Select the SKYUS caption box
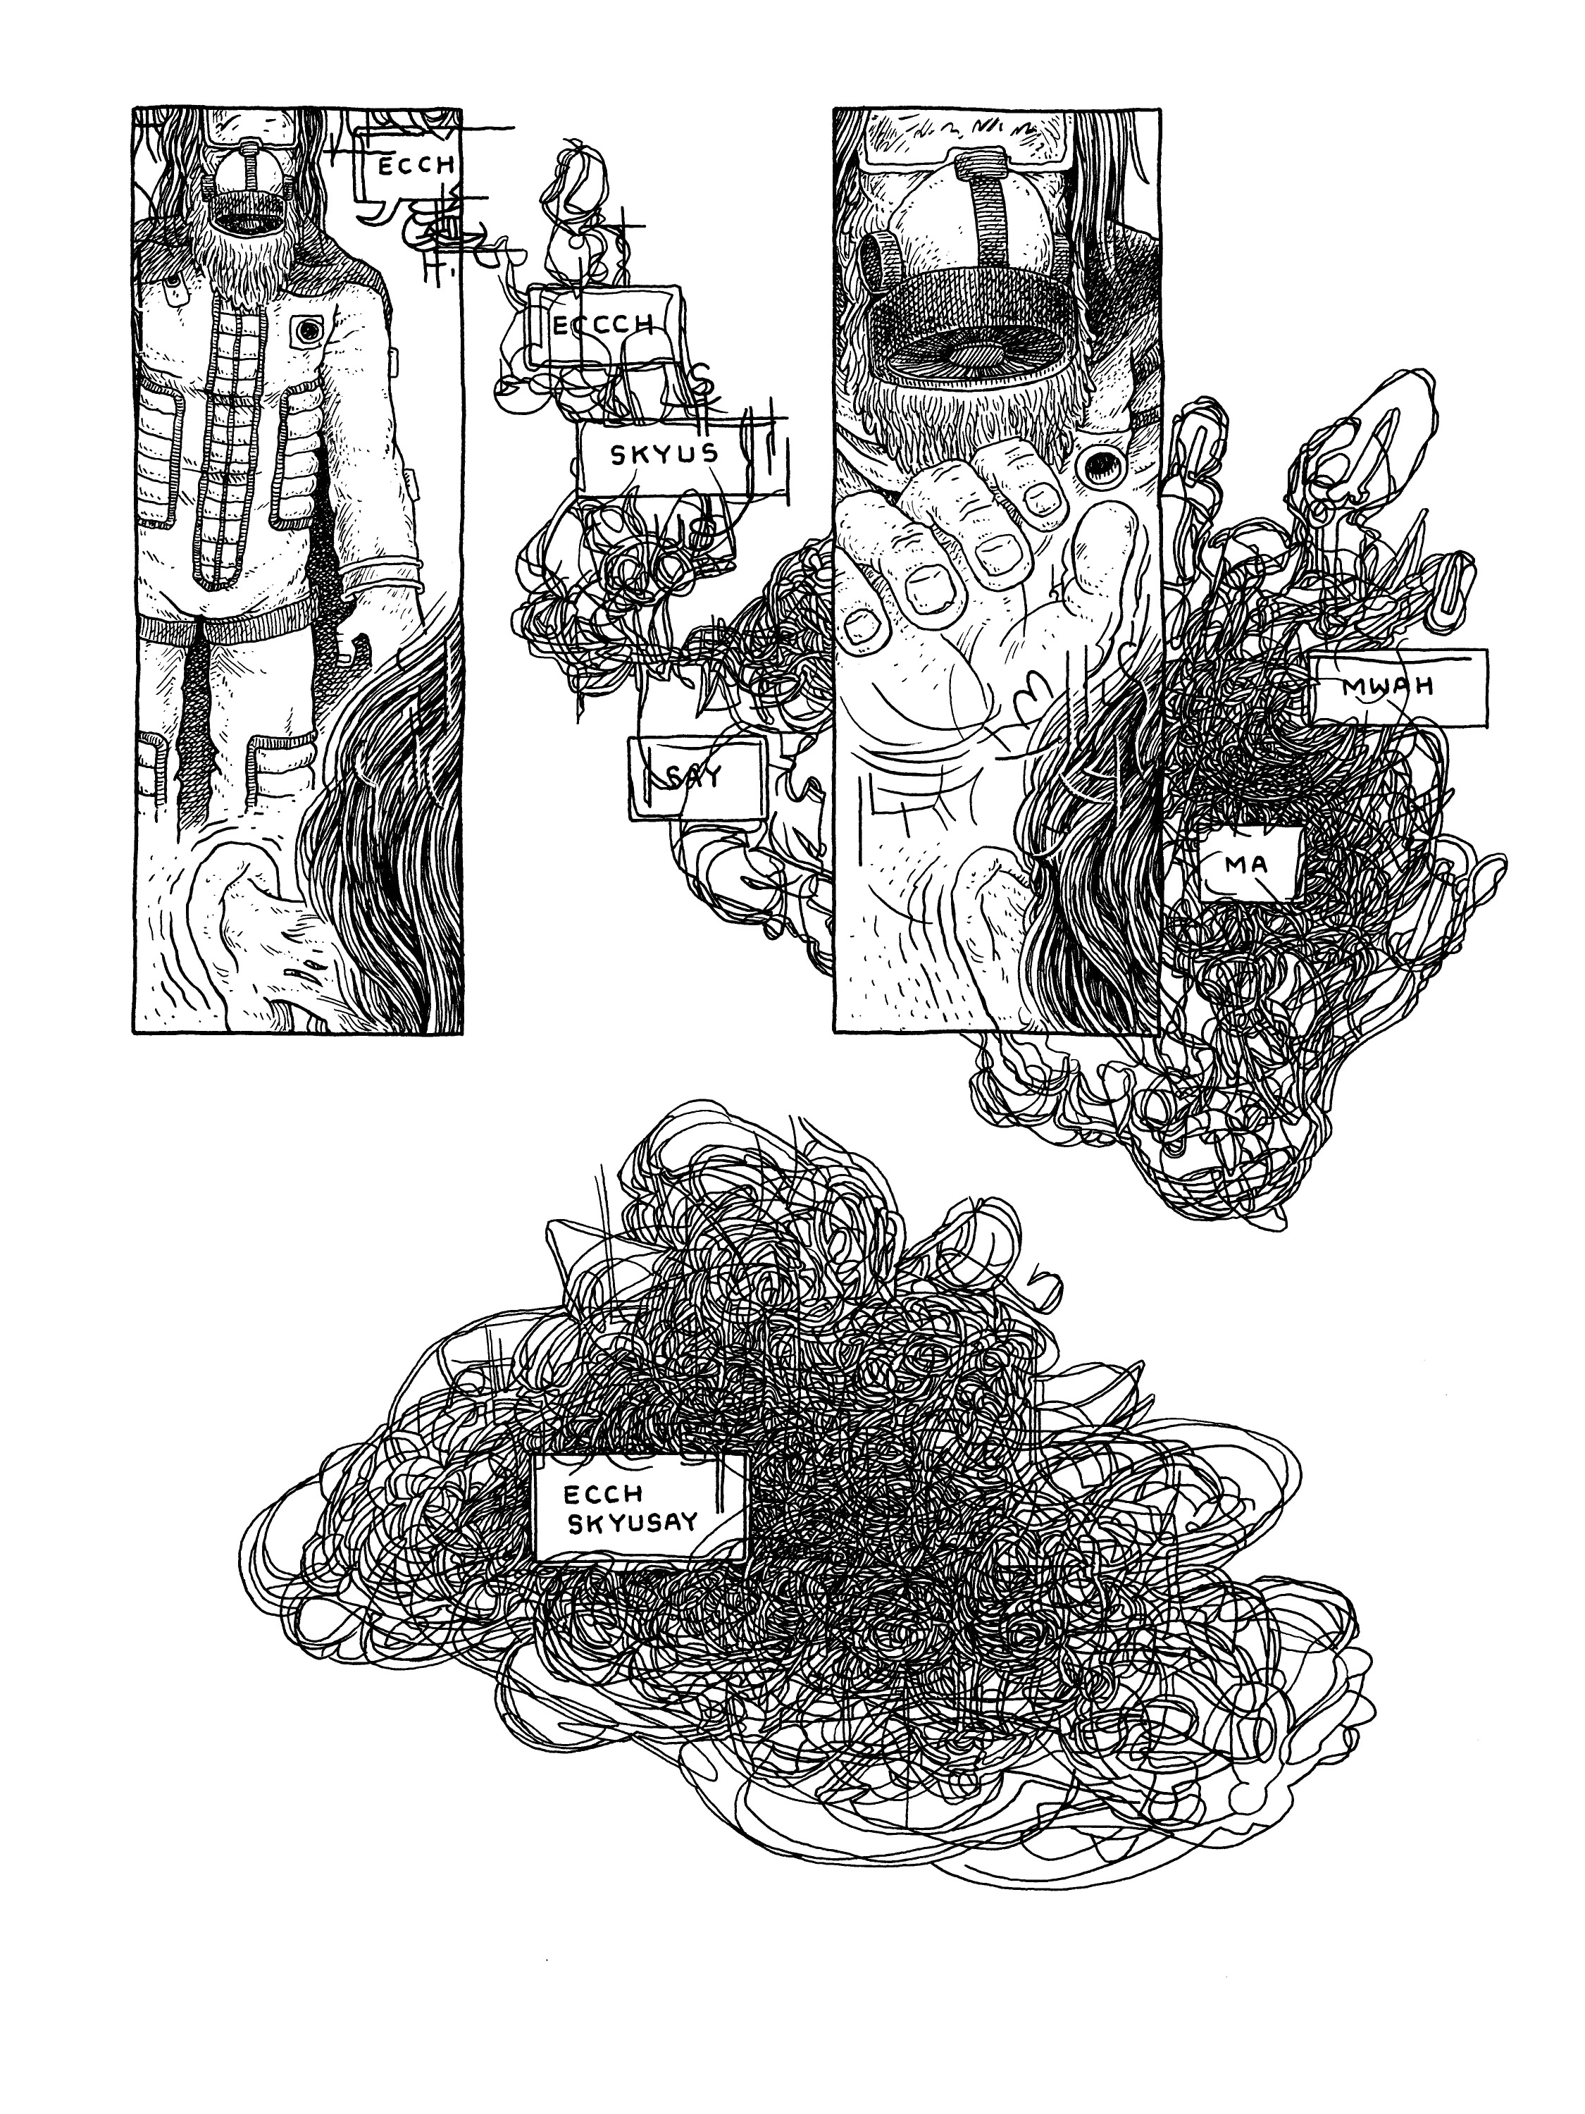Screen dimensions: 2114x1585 [x=663, y=455]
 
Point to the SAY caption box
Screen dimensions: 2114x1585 [x=697, y=778]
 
